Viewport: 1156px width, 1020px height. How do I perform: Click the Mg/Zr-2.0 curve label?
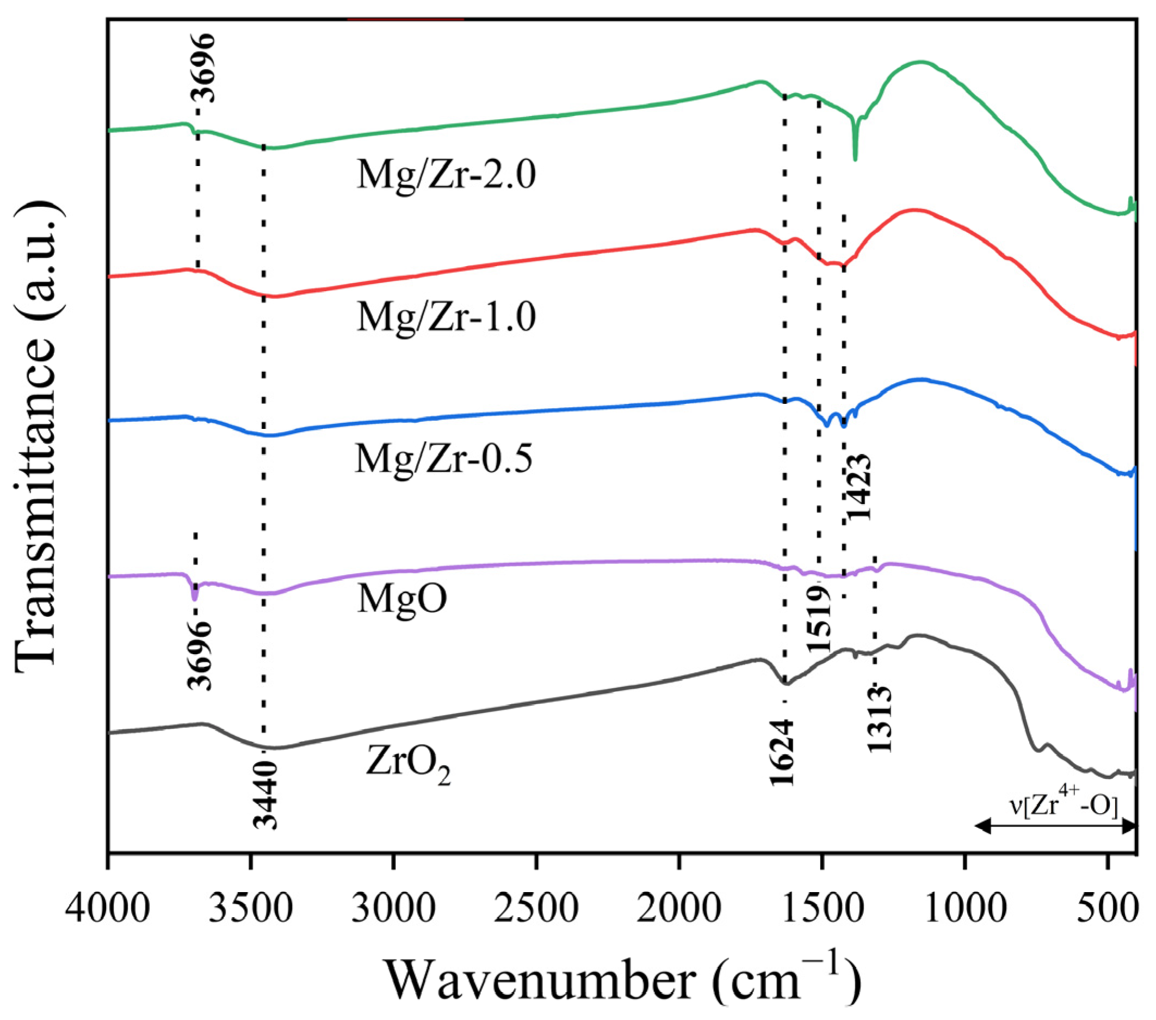coord(446,175)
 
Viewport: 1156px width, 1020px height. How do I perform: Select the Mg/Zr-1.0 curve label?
coord(446,317)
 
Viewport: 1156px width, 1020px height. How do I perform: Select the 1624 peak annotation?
coord(783,752)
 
